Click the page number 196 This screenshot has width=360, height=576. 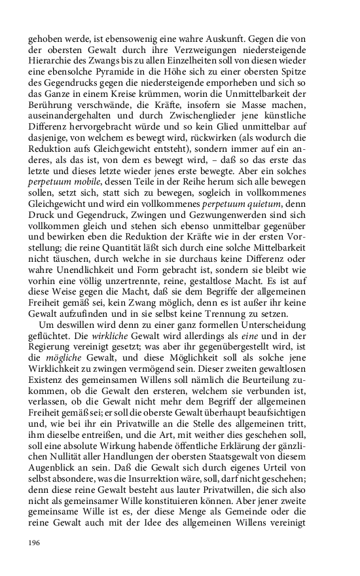(34, 543)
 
